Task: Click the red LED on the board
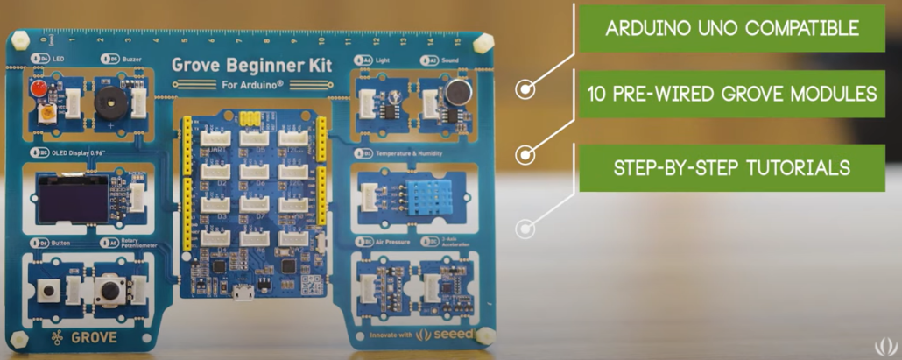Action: point(38,90)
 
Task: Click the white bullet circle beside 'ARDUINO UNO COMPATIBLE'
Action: point(525,88)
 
